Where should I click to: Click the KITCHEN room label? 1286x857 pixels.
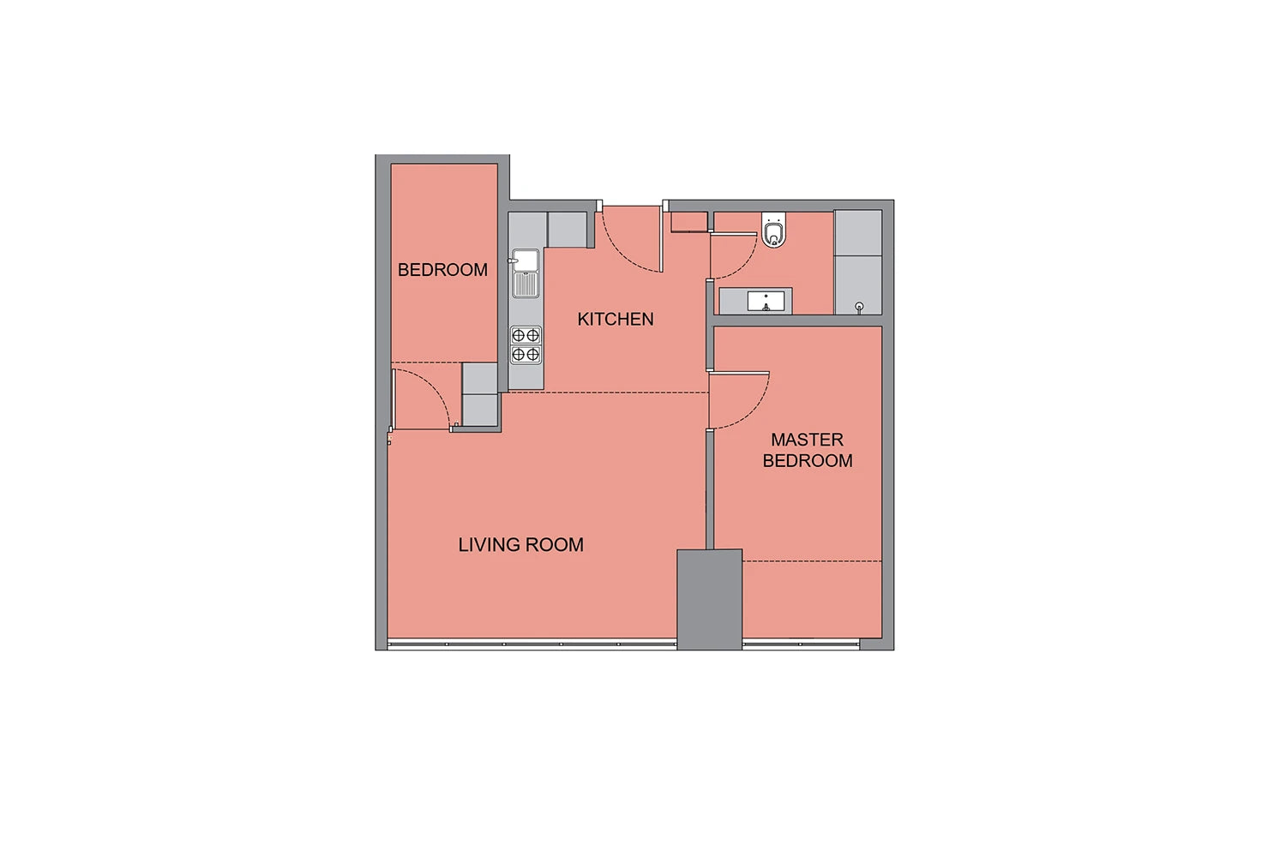pyautogui.click(x=616, y=319)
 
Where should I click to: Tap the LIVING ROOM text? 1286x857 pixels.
pyautogui.click(x=520, y=545)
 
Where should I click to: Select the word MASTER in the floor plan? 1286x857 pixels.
pyautogui.click(x=808, y=440)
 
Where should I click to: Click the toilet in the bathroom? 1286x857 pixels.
pyautogui.click(x=774, y=230)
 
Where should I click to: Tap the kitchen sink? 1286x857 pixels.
pyautogui.click(x=526, y=273)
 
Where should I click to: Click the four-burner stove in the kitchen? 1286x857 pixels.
pyautogui.click(x=526, y=345)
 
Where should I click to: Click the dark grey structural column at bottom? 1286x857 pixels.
pyautogui.click(x=710, y=599)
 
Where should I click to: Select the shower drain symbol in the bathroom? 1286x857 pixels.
pyautogui.click(x=859, y=307)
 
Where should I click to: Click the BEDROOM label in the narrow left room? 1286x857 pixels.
pyautogui.click(x=442, y=270)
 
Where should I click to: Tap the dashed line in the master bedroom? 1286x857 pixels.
pyautogui.click(x=812, y=561)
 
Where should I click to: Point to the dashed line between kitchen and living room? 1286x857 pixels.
pyautogui.click(x=607, y=393)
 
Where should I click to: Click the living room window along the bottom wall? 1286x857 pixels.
pyautogui.click(x=532, y=644)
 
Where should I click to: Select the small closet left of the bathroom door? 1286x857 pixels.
pyautogui.click(x=689, y=222)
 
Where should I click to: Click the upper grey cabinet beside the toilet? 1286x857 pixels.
pyautogui.click(x=857, y=233)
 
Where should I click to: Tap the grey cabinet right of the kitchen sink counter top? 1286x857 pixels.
pyautogui.click(x=568, y=230)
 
